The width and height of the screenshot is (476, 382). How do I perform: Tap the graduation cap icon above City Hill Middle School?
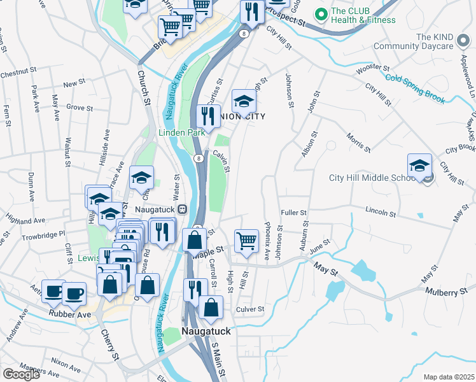419,166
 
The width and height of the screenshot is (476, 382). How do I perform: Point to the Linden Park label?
182,132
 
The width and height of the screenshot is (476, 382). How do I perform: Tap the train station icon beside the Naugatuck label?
182,209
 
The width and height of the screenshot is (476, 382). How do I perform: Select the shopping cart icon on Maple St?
247,241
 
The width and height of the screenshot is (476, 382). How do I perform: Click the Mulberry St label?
451,292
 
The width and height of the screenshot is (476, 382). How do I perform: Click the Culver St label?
249,309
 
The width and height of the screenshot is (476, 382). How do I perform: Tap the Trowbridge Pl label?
44,234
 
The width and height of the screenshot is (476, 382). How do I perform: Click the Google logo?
21,374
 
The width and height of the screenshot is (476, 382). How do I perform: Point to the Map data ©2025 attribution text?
449,377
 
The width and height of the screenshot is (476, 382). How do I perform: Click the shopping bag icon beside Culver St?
211,307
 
